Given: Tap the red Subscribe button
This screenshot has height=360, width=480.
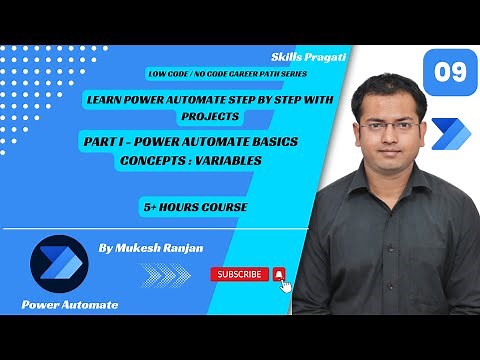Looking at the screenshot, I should coord(239,274).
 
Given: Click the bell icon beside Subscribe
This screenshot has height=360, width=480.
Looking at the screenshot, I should coord(279,274).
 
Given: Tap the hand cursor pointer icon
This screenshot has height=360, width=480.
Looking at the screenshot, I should coord(286,286).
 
